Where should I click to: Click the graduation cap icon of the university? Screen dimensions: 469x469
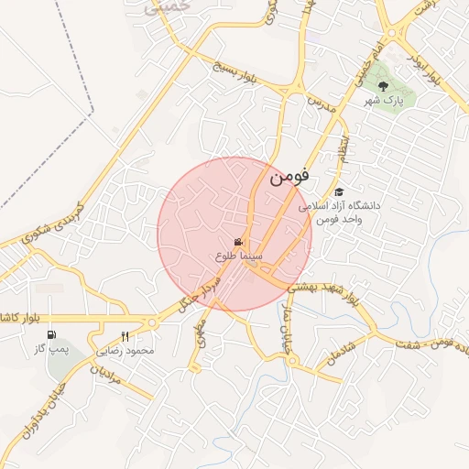[x=340, y=191]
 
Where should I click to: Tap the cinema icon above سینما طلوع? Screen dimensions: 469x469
[x=238, y=242]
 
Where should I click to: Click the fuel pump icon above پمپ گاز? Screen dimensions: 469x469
[x=51, y=335]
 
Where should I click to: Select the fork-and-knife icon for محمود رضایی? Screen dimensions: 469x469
[x=125, y=335]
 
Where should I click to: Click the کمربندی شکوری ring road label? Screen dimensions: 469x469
[x=50, y=224]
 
